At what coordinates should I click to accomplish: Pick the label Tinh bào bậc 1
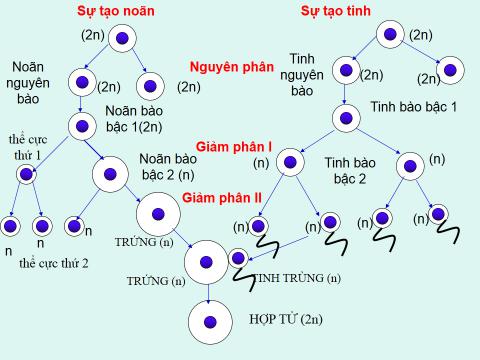click(x=413, y=106)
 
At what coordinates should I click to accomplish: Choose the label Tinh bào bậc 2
click(x=350, y=171)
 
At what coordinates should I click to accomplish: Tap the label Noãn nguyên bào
click(x=33, y=82)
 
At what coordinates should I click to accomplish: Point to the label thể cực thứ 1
click(x=25, y=146)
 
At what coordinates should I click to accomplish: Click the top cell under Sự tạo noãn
click(x=120, y=39)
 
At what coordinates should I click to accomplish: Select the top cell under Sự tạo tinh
click(x=391, y=35)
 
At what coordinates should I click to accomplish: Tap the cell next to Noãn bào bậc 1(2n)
click(x=81, y=125)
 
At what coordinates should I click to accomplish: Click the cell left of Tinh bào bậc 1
click(x=345, y=118)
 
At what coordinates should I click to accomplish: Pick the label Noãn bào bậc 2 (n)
click(x=166, y=166)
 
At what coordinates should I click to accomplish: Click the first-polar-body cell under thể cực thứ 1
click(x=25, y=175)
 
